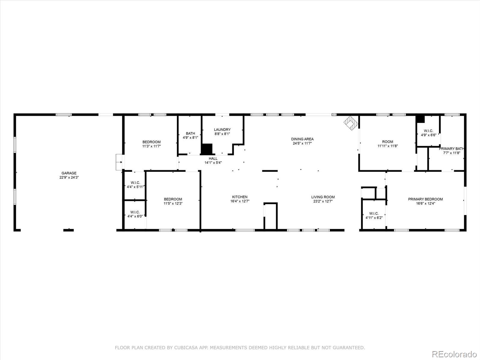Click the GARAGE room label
(69, 173)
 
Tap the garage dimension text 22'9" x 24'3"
(69, 178)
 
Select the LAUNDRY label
(222, 130)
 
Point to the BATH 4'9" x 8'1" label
(190, 136)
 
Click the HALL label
(213, 158)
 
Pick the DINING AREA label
(302, 139)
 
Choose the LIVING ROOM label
(323, 197)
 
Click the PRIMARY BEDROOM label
(425, 199)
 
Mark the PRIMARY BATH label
(451, 149)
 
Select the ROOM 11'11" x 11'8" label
(387, 144)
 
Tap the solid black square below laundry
(207, 149)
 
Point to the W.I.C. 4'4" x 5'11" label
(135, 185)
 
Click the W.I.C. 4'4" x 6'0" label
(135, 214)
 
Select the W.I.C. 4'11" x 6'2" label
(374, 215)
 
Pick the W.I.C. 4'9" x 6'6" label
(428, 133)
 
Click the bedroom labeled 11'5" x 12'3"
(173, 201)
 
